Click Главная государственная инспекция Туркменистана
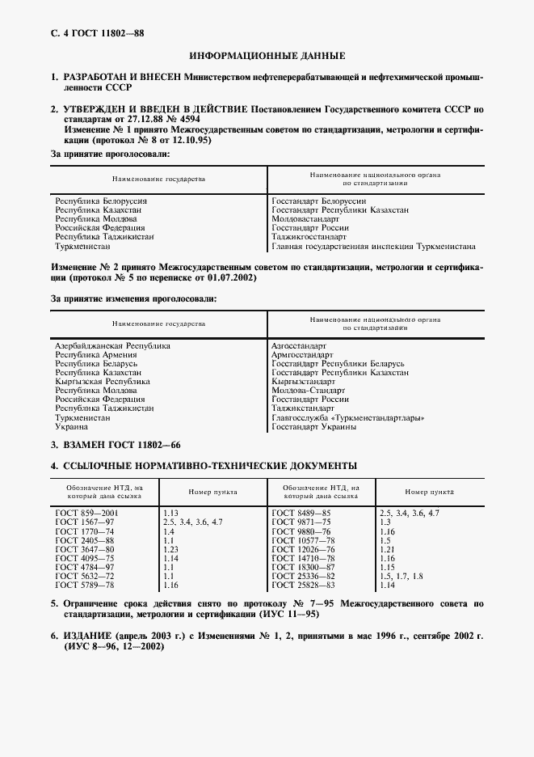373,247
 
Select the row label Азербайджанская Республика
112,345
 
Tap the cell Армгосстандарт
302,354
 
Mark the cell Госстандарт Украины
313,426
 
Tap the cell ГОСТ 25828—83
301,584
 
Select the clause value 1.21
387,549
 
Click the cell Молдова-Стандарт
308,391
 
